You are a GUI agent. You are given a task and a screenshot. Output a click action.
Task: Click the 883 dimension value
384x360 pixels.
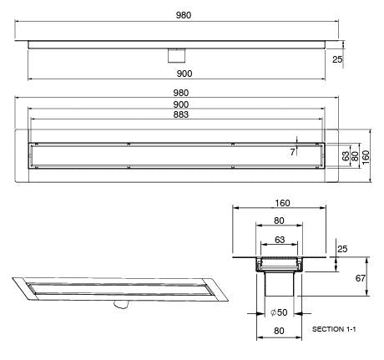(181, 114)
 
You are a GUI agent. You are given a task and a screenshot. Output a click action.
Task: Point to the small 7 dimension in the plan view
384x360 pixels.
(292, 151)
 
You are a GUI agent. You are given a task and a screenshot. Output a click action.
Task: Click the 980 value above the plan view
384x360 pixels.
(181, 93)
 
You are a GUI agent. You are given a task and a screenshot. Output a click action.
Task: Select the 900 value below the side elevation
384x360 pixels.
(181, 74)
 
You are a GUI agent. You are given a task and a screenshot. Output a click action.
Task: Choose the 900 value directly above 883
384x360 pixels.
(181, 104)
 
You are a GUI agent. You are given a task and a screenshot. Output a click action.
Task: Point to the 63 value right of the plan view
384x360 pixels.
(346, 156)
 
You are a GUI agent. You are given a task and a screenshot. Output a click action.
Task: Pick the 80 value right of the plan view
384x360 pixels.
(356, 156)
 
